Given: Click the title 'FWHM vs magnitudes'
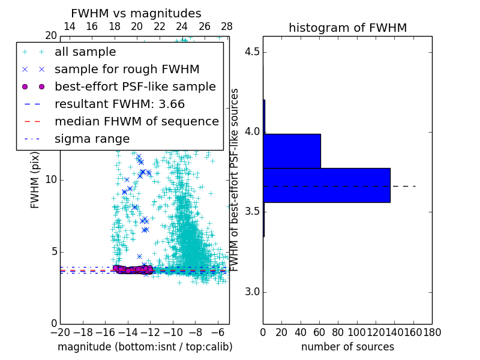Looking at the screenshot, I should point(136,14).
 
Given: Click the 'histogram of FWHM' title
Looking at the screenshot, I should point(347,28).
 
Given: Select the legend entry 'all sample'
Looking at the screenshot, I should point(85,52).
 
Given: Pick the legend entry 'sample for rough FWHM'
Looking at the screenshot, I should point(127,69).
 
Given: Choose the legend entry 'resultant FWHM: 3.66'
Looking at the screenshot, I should point(119,104).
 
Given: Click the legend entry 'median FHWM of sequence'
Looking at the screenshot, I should point(136,121).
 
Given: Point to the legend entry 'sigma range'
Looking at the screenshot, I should point(92,139).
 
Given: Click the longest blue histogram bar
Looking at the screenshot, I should point(326,185).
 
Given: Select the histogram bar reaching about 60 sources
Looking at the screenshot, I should point(292,151).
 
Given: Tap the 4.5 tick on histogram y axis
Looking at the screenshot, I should point(252,52).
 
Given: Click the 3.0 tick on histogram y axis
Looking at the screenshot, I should point(252,292).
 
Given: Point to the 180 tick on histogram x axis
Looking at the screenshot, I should point(432,332).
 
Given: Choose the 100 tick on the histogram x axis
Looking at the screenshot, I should point(357,332).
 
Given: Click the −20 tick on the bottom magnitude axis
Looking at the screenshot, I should point(60,332).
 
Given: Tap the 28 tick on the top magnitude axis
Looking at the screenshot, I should point(227,26).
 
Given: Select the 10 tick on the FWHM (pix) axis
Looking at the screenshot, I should point(51,180).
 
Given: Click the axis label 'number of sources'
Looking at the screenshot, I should point(347,347).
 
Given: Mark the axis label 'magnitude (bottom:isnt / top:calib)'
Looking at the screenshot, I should point(145,347).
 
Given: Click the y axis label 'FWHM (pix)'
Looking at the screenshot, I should point(35,180).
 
